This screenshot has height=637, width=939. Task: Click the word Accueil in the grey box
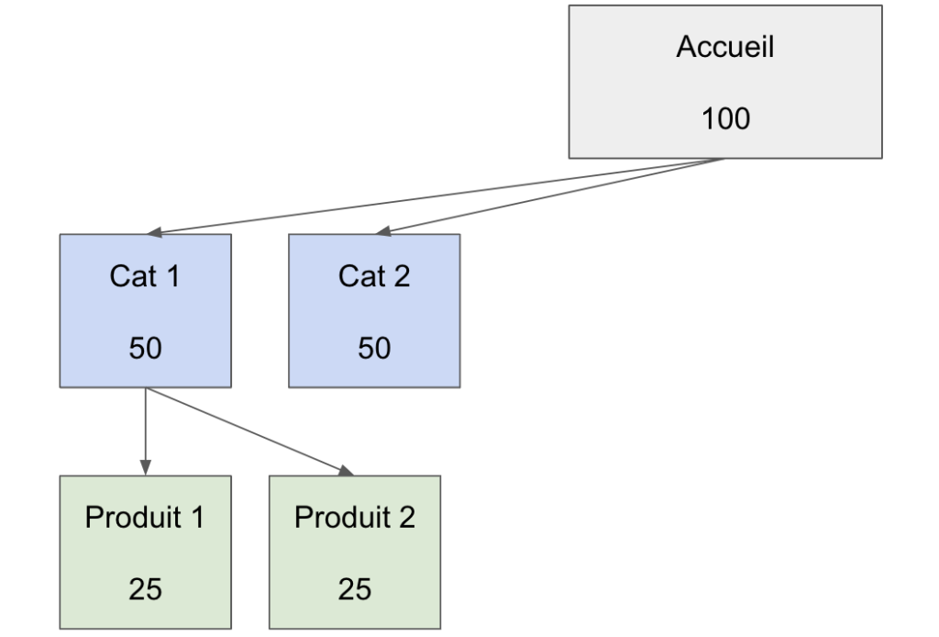pyautogui.click(x=724, y=47)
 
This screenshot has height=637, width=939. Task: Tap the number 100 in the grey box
pyautogui.click(x=724, y=118)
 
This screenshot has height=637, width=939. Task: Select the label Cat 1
pyautogui.click(x=145, y=276)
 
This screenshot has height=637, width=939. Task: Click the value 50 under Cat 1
pyautogui.click(x=145, y=348)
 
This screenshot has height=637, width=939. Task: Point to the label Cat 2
pyautogui.click(x=373, y=276)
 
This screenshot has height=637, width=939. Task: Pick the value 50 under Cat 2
pyautogui.click(x=373, y=348)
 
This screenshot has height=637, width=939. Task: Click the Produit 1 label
pyautogui.click(x=145, y=518)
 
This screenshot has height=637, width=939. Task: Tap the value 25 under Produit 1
pyautogui.click(x=145, y=589)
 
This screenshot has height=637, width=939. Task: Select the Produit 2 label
pyautogui.click(x=354, y=518)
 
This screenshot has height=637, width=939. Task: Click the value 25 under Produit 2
pyautogui.click(x=354, y=589)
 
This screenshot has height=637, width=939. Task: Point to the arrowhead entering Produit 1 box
pyautogui.click(x=145, y=468)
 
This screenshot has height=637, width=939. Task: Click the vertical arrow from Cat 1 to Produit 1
pyautogui.click(x=145, y=427)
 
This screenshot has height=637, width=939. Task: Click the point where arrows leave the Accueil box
pyautogui.click(x=724, y=160)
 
